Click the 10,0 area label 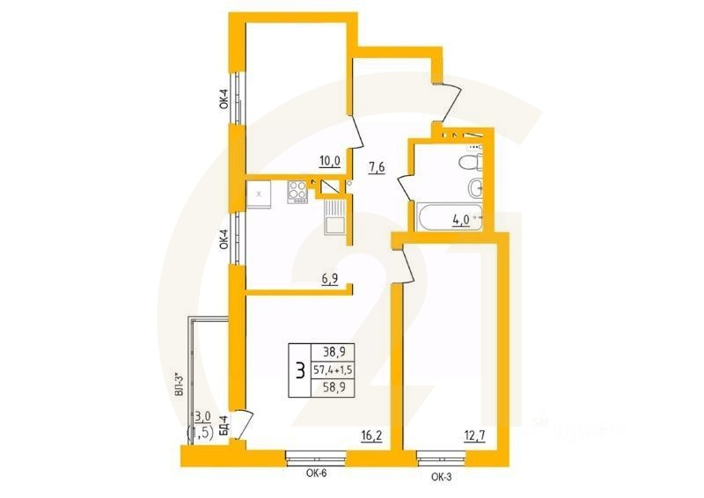tap(329, 160)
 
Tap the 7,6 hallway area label tap(377, 168)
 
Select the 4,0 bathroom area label tap(460, 220)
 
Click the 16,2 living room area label tap(370, 434)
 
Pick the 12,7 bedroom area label tap(475, 433)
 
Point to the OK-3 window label tap(443, 477)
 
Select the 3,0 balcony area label tap(202, 416)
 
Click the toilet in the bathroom tap(473, 163)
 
